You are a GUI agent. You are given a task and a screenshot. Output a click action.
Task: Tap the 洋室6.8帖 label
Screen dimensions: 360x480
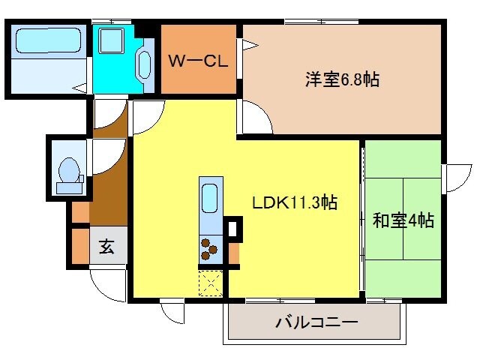point(341,79)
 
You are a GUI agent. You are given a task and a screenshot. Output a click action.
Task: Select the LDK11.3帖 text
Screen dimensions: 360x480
point(293,202)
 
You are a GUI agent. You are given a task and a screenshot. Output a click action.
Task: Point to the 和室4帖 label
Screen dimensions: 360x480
point(403,221)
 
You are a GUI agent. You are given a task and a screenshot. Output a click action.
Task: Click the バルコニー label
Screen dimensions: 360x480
point(316,323)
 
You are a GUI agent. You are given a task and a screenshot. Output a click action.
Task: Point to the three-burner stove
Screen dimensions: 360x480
point(209,248)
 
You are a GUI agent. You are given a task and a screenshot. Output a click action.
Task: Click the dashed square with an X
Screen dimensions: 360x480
point(209,283)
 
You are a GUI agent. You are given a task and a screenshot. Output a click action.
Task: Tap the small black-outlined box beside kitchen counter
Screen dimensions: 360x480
point(233,227)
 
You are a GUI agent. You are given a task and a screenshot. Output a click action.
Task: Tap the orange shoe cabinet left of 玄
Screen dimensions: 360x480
point(80,243)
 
